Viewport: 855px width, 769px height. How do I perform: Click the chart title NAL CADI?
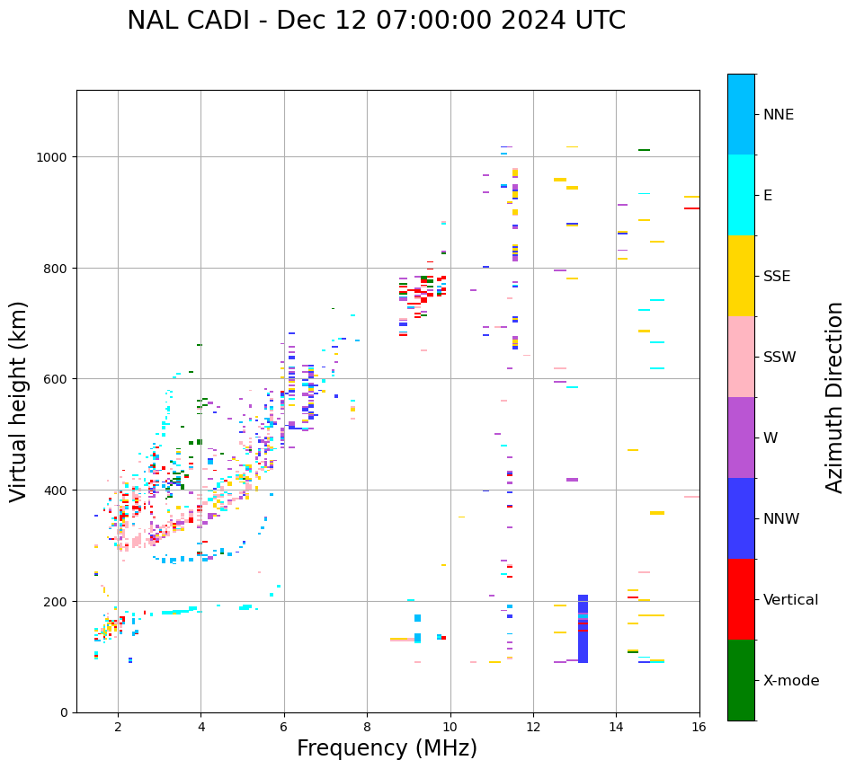tap(376, 21)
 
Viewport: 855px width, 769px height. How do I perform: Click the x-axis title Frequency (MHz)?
tap(387, 748)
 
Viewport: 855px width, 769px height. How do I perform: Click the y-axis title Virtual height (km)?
tap(19, 401)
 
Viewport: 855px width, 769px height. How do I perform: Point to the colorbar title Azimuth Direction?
tap(835, 397)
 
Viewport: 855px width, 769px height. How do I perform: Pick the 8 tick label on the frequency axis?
tap(367, 727)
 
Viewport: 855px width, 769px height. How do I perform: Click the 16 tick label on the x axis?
tap(699, 727)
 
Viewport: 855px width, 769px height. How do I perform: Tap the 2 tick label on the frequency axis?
tap(118, 727)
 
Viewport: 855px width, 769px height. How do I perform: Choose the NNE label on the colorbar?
tap(779, 115)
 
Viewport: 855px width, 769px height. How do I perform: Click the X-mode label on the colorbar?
tap(791, 681)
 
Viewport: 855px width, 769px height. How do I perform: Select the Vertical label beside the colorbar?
tap(791, 600)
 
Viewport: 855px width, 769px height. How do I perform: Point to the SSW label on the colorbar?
tap(779, 358)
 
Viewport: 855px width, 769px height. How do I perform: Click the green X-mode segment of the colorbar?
tap(741, 680)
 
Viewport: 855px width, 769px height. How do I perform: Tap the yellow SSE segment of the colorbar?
tap(741, 276)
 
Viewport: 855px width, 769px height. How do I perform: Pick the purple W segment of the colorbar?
tap(741, 438)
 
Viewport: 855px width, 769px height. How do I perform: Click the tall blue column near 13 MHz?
tap(583, 629)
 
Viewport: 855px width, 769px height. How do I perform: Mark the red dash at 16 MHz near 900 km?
tap(690, 208)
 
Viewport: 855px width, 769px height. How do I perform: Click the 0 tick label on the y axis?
tap(63, 712)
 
